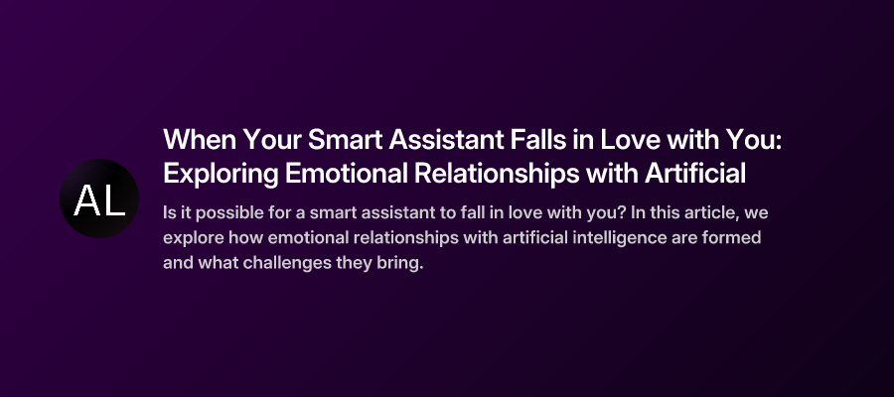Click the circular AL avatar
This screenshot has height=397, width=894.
coord(99,198)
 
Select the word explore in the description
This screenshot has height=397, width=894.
coord(192,239)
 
